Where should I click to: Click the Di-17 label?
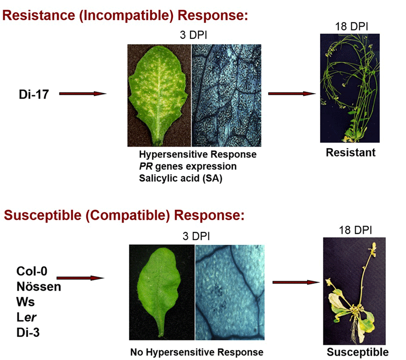[x=34, y=94]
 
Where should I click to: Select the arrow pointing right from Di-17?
[x=83, y=93]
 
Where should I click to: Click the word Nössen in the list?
[x=39, y=286]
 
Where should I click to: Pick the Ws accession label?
[x=26, y=302]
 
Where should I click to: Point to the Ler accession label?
[x=27, y=317]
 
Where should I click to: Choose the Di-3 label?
[x=28, y=333]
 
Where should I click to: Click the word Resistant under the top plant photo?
[x=351, y=153]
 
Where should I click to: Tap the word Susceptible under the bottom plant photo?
[x=357, y=352]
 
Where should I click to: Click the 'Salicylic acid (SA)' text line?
[x=181, y=178]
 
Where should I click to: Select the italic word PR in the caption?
[x=146, y=166]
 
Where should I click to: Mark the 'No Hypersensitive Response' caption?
[x=197, y=352]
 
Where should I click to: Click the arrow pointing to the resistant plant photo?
[x=292, y=93]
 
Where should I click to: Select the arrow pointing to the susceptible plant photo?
[x=296, y=282]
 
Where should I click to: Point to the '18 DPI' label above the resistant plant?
[x=352, y=26]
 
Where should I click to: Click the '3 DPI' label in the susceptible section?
[x=196, y=236]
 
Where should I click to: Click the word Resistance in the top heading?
[x=39, y=15]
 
